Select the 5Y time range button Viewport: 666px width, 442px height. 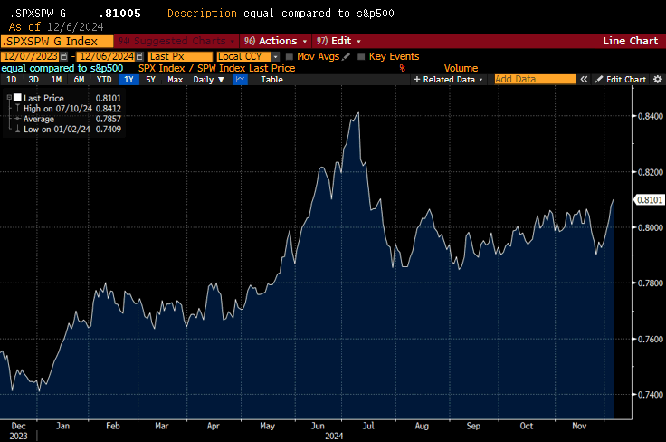coord(150,80)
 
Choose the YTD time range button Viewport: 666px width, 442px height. coord(104,80)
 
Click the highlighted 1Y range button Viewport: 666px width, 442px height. coord(128,80)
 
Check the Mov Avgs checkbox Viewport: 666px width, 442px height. coord(288,56)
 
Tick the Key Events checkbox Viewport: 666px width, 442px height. coord(362,56)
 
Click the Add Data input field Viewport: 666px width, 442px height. coord(534,80)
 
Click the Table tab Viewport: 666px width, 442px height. coord(271,80)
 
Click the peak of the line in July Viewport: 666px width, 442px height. coord(359,113)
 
